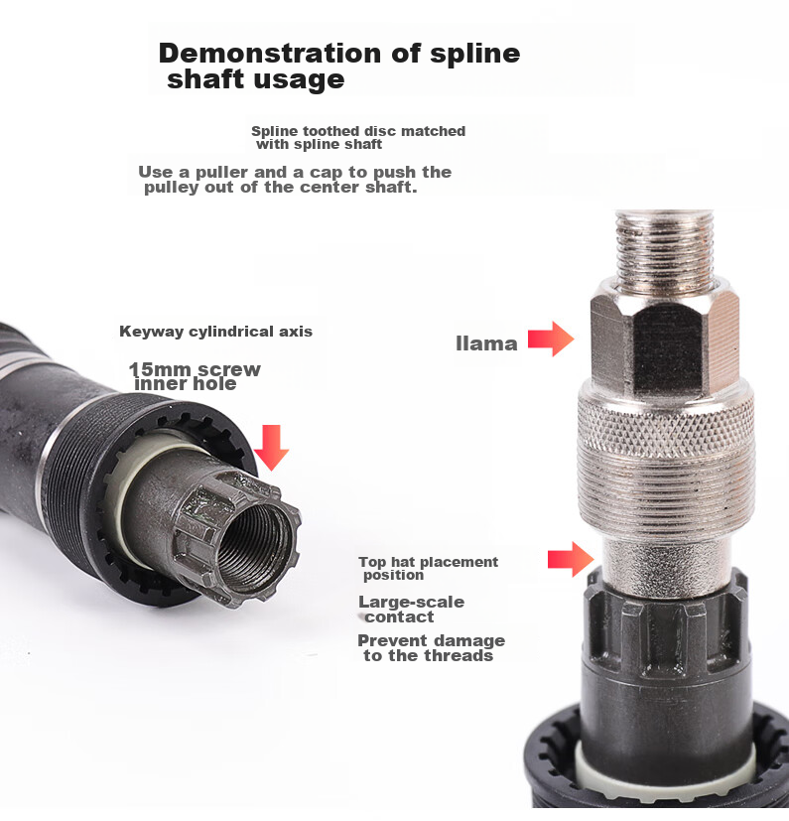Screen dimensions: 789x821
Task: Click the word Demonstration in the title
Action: click(x=271, y=53)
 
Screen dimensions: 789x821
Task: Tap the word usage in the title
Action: click(x=299, y=80)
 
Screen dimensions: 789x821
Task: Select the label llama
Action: click(x=486, y=343)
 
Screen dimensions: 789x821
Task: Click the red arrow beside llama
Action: click(x=551, y=340)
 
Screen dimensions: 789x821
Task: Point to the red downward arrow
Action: click(x=271, y=448)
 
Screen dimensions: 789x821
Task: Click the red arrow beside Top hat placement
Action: click(x=571, y=559)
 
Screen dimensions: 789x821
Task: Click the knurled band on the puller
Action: click(x=666, y=420)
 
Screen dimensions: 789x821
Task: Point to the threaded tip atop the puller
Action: click(x=665, y=247)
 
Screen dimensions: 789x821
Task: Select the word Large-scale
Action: click(x=411, y=603)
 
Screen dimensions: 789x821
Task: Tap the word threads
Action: click(x=459, y=655)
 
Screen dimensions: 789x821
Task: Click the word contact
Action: click(x=400, y=617)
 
